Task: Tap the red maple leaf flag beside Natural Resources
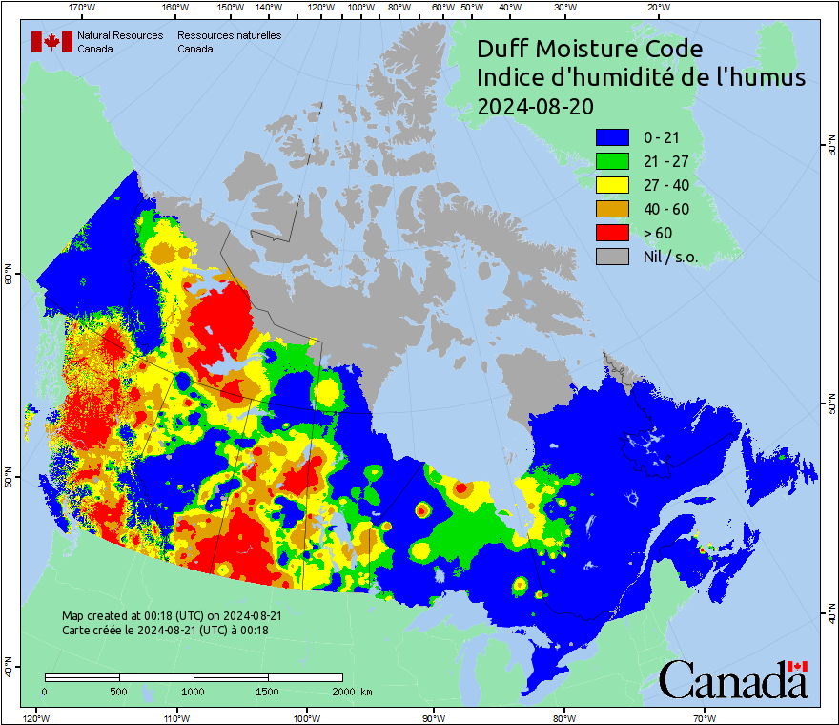[51, 42]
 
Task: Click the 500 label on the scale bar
[119, 691]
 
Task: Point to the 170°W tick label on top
[83, 8]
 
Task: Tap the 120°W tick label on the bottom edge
[35, 717]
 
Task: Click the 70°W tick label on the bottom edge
[704, 717]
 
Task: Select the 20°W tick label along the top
[657, 8]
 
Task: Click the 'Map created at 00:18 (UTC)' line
[172, 616]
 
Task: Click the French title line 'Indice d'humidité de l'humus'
[641, 77]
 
